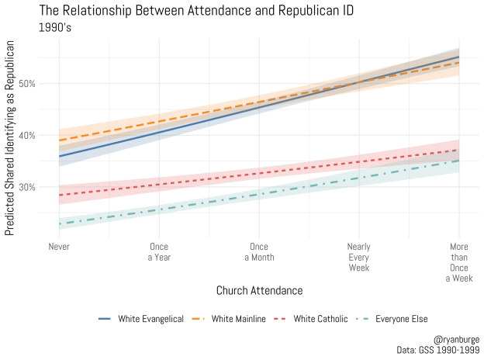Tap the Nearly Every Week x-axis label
tap(359, 257)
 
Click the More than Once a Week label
tap(459, 261)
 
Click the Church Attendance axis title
tap(259, 290)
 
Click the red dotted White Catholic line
tap(259, 172)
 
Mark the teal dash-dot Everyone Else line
tap(259, 192)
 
